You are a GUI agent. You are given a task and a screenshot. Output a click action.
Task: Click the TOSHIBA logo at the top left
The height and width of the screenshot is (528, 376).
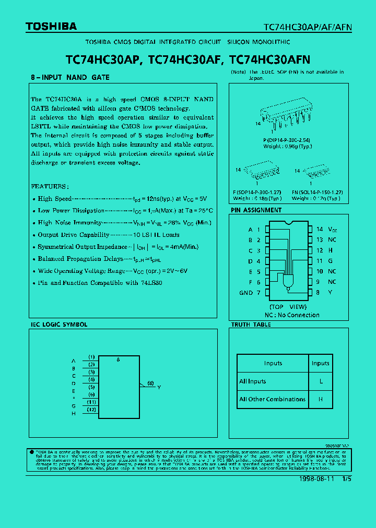51,26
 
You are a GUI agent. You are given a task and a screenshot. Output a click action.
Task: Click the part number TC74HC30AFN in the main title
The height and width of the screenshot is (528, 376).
269,60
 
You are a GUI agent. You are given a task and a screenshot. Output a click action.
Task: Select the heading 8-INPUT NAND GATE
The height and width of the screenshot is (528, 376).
70,77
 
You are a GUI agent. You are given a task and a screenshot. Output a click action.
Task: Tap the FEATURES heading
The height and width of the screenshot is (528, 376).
50,186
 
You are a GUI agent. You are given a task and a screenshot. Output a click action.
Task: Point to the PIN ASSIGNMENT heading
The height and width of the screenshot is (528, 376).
256,210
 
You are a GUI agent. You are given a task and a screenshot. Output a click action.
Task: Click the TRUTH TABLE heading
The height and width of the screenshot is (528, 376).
251,325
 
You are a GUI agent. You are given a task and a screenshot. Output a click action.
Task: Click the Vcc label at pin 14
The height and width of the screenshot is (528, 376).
332,229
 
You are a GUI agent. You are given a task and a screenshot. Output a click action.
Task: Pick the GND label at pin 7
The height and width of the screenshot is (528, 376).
246,293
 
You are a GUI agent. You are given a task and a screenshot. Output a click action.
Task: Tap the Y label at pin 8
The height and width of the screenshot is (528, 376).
331,293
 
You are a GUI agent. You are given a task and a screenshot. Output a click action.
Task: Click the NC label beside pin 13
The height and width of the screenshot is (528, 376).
332,239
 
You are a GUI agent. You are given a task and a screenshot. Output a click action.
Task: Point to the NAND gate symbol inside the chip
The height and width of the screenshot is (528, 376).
287,282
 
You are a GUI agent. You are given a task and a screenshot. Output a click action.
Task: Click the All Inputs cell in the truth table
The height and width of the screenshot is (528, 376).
253,381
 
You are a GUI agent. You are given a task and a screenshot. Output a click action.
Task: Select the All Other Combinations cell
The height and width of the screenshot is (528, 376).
272,399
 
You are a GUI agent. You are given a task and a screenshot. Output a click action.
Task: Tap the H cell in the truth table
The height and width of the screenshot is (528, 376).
321,399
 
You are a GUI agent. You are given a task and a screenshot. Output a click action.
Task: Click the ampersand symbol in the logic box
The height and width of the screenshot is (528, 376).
119,360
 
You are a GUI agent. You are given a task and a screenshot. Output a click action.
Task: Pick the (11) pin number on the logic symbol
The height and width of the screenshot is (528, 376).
91,402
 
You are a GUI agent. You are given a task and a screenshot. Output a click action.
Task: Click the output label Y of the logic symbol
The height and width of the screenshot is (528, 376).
159,387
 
